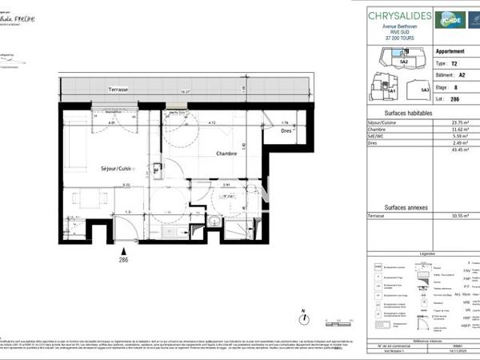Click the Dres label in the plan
point(286,134)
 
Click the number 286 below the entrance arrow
point(124,261)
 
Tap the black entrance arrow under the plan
point(124,250)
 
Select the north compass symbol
point(303,320)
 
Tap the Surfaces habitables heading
point(409,114)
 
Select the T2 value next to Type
point(454,62)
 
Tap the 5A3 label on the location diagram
point(426,90)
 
